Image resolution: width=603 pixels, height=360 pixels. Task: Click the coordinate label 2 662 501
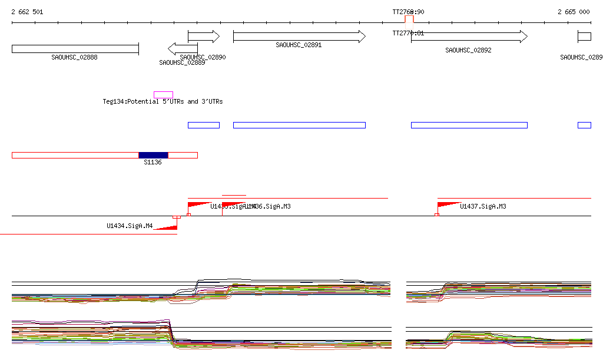coord(27,12)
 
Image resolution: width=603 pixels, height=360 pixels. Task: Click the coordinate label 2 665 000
coord(574,12)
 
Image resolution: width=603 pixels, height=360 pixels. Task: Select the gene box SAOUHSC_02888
coord(75,48)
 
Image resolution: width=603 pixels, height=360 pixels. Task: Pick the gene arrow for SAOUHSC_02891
coord(299,37)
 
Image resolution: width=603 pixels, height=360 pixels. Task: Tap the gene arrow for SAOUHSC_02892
coord(469,37)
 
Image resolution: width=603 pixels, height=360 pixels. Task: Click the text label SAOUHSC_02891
coord(299,45)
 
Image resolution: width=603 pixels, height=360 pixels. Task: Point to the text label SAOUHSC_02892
coord(468,51)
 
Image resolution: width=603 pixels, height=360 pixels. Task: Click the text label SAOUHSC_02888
coord(74,58)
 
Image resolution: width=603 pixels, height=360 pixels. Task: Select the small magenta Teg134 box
coord(163,95)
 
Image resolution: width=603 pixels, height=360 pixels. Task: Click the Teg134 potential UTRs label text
coord(163,102)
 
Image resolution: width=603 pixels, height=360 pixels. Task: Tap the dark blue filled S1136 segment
coord(153,155)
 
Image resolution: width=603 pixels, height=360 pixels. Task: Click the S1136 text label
coord(153,162)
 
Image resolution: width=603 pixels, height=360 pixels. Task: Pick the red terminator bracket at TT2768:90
coord(409,19)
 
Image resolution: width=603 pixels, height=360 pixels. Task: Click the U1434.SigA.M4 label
coord(130,226)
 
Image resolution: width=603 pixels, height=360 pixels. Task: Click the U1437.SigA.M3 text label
coord(483,207)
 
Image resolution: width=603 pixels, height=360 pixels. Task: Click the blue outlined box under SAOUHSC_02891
coord(299,125)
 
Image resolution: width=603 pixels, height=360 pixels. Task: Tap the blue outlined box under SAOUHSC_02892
coord(469,125)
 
